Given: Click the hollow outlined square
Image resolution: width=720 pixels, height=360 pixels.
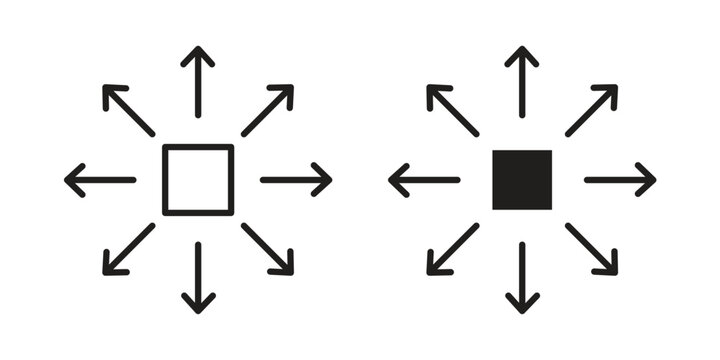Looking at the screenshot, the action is tap(198, 180).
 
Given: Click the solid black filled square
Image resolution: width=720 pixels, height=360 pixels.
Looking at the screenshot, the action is tap(522, 180).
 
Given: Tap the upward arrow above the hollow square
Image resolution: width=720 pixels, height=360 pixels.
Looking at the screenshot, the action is tap(198, 82).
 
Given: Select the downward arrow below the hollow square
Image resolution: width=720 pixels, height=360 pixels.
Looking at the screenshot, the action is tap(198, 277).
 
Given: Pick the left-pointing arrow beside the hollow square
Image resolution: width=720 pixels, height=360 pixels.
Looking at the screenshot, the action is tap(100, 180).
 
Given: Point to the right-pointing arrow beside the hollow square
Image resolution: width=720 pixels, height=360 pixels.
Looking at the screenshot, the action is tap(296, 180).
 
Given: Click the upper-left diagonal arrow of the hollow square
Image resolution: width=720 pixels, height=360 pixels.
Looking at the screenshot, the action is tap(129, 110).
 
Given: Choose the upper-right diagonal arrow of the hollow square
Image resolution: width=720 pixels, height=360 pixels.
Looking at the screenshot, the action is tap(267, 110).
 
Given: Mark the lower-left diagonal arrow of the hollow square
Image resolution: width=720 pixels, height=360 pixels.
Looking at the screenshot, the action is tap(129, 249).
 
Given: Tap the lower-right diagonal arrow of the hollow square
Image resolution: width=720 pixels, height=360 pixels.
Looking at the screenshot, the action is tap(267, 249).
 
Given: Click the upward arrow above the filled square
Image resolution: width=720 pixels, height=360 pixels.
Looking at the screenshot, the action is tap(522, 82).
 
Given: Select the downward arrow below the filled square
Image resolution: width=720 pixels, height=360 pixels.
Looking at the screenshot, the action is tap(522, 277).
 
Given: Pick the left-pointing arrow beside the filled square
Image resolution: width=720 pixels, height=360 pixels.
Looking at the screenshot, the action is tap(424, 180).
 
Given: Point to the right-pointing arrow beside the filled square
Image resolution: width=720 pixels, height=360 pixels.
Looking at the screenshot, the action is tap(620, 180).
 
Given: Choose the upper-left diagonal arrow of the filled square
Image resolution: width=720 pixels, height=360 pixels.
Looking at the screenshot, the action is tap(453, 110).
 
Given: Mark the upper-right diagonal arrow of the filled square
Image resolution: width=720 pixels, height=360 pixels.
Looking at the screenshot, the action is tap(591, 110).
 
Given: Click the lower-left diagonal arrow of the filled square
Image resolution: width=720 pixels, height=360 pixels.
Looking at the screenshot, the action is tap(453, 249).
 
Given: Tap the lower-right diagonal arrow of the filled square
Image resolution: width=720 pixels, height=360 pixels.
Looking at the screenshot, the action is tap(591, 249).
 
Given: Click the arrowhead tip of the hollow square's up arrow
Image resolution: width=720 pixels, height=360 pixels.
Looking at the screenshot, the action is tap(198, 50).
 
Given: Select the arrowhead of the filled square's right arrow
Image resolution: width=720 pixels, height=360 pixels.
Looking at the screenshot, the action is tap(648, 180).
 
